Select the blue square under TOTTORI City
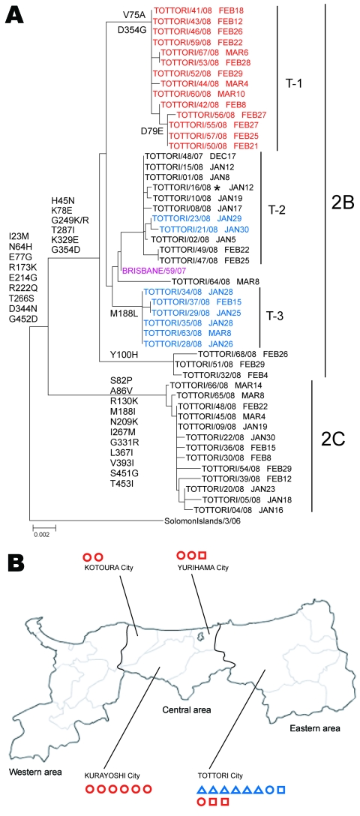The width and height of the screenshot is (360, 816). click(281, 790)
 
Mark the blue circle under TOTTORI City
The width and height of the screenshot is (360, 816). click(270, 790)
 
